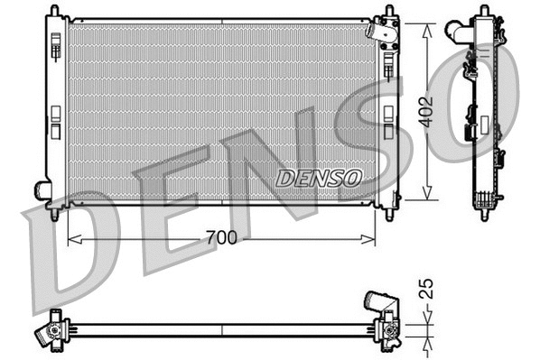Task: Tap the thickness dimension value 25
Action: click(x=429, y=290)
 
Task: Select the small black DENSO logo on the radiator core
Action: click(x=318, y=177)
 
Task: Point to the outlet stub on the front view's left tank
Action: click(x=42, y=190)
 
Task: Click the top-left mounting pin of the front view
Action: click(x=55, y=10)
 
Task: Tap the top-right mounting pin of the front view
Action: click(x=389, y=10)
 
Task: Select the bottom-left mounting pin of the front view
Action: click(x=55, y=215)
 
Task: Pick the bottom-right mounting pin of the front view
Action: click(x=389, y=215)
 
